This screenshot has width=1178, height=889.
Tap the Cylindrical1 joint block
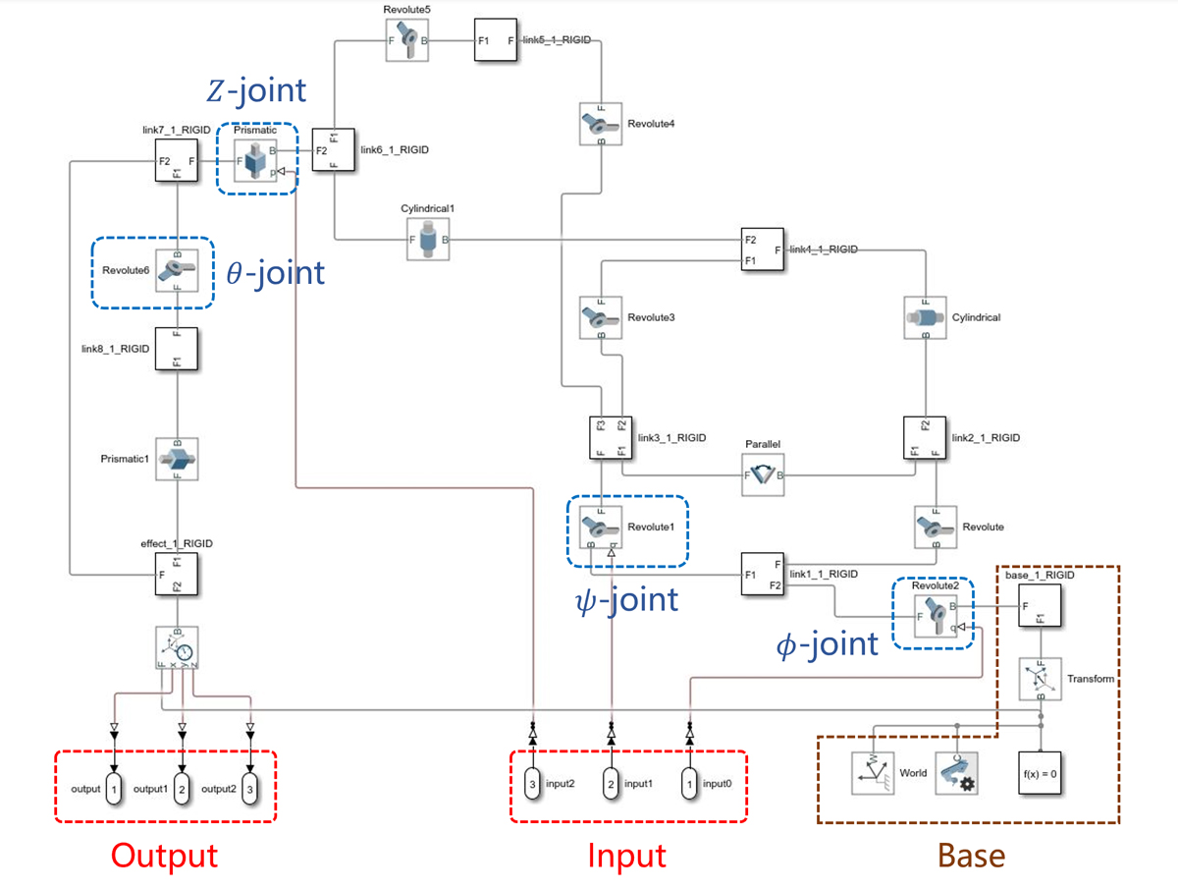click(x=428, y=240)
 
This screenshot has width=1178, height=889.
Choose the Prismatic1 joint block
click(x=178, y=459)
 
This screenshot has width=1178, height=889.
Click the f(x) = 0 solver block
click(x=1039, y=773)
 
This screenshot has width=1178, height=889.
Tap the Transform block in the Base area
click(x=1040, y=679)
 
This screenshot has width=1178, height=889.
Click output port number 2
click(x=182, y=789)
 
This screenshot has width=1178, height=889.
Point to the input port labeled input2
click(x=532, y=785)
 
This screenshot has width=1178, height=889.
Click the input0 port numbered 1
click(x=690, y=785)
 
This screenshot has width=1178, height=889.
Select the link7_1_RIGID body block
click(x=178, y=159)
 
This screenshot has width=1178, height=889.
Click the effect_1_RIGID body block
click(x=178, y=574)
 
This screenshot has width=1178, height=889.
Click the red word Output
click(x=164, y=855)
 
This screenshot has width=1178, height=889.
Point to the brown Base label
click(x=971, y=855)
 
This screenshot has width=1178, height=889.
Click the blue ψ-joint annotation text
click(x=625, y=598)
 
